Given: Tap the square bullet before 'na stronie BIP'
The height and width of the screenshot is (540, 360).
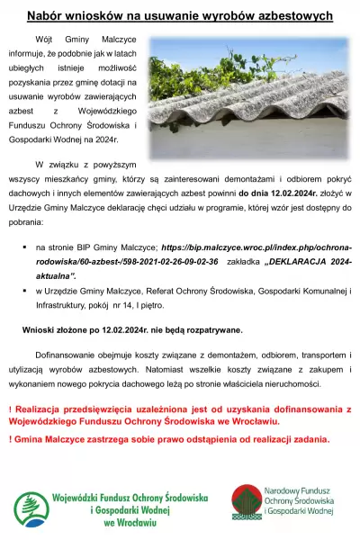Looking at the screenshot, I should click(x=23, y=246).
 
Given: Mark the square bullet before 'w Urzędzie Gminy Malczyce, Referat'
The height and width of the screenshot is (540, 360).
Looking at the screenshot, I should click(x=23, y=291).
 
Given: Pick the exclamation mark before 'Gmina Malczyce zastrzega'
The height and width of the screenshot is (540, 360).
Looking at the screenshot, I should click(x=10, y=440).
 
